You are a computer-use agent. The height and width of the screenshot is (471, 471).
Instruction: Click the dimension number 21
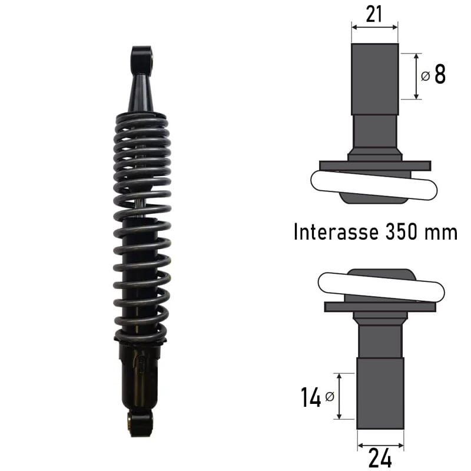click(x=375, y=15)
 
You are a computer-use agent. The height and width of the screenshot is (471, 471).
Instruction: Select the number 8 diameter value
click(x=440, y=75)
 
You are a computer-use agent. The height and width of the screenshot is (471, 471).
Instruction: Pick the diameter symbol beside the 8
click(x=425, y=77)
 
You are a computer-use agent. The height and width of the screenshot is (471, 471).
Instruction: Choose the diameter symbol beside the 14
click(x=329, y=397)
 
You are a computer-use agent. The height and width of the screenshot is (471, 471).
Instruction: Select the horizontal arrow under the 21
click(x=374, y=26)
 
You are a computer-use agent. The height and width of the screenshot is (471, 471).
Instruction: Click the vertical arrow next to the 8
click(x=417, y=76)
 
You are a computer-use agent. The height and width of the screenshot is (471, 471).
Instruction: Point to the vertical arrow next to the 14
click(x=339, y=396)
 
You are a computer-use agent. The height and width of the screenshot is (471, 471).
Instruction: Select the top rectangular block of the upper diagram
click(x=374, y=79)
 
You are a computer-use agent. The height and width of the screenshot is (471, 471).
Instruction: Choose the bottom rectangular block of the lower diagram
click(x=380, y=393)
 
